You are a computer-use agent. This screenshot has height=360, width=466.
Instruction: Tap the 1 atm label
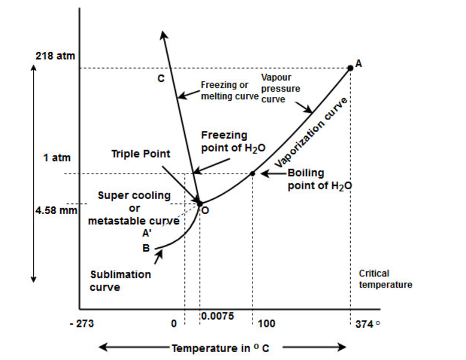(x=57, y=158)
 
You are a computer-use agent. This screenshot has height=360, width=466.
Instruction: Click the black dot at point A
(x=350, y=68)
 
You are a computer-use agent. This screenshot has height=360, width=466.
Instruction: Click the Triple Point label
(x=140, y=154)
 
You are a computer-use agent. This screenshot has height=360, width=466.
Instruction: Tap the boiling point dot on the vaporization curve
(x=253, y=174)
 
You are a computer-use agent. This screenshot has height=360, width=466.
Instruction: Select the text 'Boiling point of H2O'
(x=319, y=180)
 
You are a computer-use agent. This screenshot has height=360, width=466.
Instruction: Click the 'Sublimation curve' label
(x=121, y=280)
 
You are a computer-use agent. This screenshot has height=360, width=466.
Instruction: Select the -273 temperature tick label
(x=81, y=324)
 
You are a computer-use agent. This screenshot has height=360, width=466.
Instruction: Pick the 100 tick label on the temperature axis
(x=266, y=324)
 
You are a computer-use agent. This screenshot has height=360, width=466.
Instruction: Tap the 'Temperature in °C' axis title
(x=221, y=348)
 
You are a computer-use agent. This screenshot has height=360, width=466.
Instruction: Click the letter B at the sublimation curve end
(x=145, y=247)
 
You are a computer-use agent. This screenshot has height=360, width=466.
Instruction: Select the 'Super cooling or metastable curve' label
(x=134, y=209)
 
